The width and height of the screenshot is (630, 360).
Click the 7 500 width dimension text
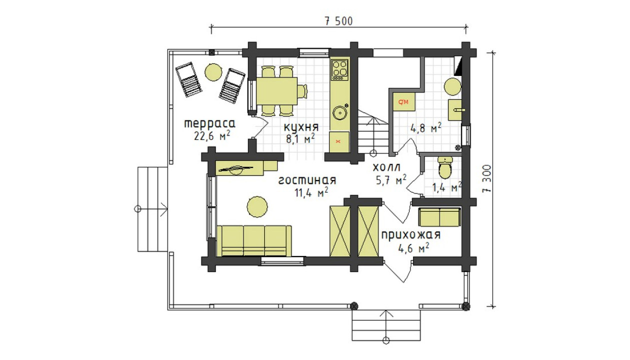point(338,21)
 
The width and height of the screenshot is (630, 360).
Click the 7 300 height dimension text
point(487,178)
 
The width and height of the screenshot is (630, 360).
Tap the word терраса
point(209,124)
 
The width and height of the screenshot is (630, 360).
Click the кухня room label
point(301,127)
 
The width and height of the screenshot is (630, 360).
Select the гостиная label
point(307,180)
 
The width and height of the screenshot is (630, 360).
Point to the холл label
point(386,167)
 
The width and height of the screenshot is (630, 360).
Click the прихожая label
point(410,235)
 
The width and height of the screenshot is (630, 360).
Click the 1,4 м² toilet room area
point(447,187)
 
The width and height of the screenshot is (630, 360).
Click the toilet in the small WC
point(444,168)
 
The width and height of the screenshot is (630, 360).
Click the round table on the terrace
point(213,72)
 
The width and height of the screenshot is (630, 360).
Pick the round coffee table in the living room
point(257,206)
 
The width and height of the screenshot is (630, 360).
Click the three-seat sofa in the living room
point(254,241)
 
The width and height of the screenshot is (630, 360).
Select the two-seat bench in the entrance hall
point(439,217)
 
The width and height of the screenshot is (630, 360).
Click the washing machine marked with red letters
point(404,102)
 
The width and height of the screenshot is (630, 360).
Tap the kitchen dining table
point(276,91)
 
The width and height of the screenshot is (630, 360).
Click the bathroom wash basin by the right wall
point(455,110)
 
